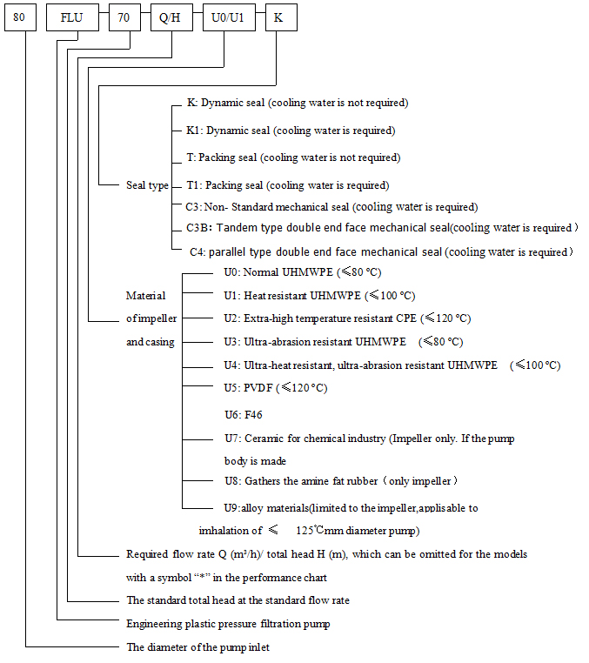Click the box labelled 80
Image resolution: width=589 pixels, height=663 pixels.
(21, 18)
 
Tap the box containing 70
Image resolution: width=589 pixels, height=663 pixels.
(124, 18)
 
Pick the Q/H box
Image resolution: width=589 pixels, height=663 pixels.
(171, 18)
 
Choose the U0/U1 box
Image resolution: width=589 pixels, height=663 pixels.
(228, 18)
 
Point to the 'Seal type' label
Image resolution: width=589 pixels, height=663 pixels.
(147, 185)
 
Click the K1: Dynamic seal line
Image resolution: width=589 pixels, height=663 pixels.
(291, 131)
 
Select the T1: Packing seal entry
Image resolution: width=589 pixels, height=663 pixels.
(287, 185)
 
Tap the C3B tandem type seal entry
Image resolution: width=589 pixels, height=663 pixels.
(379, 228)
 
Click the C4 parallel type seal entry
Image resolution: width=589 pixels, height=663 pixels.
(381, 252)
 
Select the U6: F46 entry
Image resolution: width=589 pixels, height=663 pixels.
(243, 415)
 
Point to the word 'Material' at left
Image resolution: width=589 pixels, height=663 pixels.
(146, 296)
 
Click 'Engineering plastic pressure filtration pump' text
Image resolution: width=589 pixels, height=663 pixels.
(228, 623)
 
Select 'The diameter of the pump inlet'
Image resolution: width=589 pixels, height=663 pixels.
(204, 647)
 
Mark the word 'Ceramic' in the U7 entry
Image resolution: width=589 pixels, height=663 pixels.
(264, 439)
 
